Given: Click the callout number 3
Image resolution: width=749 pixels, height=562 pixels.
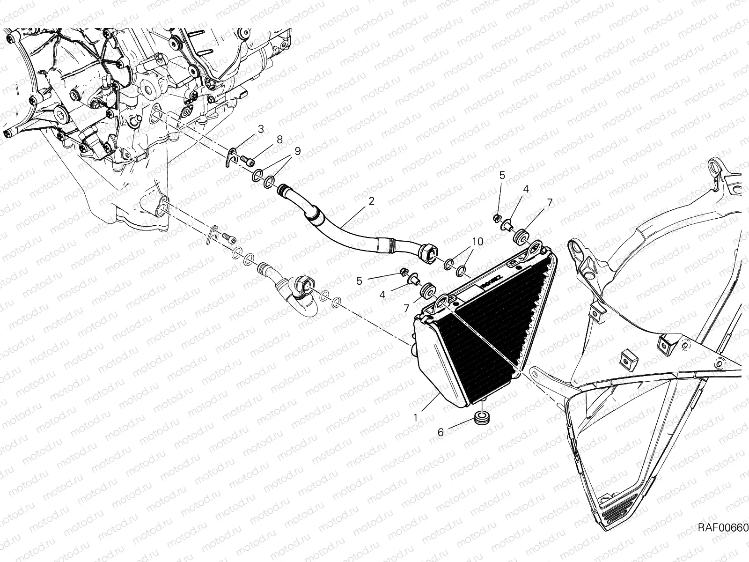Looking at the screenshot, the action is [261, 129].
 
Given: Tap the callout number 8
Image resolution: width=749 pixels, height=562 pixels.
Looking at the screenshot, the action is [279, 140].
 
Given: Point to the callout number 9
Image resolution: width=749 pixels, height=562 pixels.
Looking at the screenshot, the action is [298, 151].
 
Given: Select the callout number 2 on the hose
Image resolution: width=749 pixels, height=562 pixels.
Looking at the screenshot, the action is [371, 200].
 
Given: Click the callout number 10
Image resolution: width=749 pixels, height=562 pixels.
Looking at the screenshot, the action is [478, 242].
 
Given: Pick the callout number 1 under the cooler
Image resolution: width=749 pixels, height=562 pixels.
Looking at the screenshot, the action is [415, 418].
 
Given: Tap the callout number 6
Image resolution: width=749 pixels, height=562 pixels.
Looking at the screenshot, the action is [441, 433].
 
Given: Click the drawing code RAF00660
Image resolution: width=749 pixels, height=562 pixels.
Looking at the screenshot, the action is [723, 537].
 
